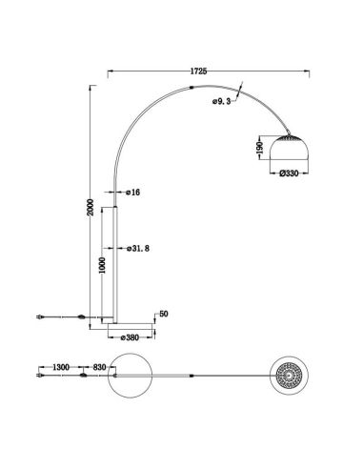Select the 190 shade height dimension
[259, 150]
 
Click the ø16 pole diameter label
[132, 194]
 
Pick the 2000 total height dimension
[89, 210]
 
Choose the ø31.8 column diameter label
[140, 248]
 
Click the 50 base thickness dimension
[163, 313]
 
